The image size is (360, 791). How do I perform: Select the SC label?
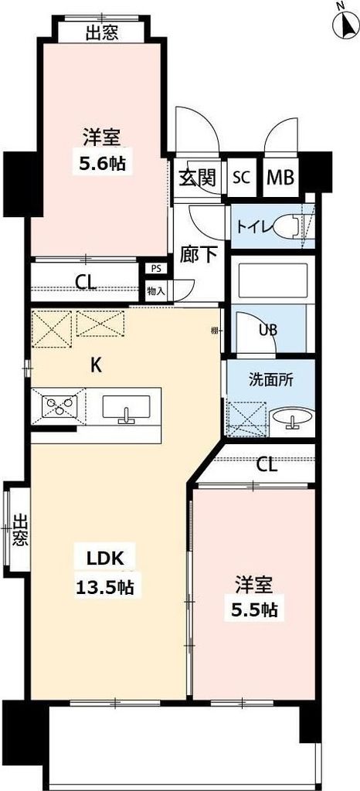point(242,177)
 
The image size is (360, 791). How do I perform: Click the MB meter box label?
point(280,177)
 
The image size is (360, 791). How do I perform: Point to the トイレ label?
point(254,227)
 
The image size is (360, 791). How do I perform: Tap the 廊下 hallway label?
point(198,254)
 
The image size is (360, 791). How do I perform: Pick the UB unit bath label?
point(268,328)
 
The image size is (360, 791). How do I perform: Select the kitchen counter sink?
point(127,407)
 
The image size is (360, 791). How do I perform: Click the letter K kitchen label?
point(97,366)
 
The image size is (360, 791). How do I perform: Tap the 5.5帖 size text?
point(254,609)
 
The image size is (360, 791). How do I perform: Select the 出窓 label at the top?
point(103,32)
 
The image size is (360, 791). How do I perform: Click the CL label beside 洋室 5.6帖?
point(87,283)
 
